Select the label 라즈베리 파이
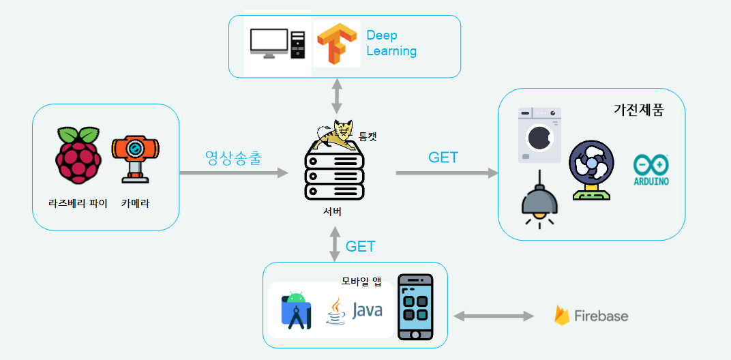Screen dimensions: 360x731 78,203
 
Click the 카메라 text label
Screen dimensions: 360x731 135,203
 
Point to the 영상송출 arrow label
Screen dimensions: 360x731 234,157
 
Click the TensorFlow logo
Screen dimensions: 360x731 338,44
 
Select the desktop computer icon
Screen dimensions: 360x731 277,44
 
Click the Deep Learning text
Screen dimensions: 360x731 391,43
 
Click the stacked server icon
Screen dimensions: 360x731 334,175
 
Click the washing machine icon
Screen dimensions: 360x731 539,135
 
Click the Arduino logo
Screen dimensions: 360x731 651,170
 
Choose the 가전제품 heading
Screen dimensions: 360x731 638,109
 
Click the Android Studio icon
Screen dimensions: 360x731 296,310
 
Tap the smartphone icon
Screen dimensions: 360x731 415,307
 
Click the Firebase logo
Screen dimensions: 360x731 591,316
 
